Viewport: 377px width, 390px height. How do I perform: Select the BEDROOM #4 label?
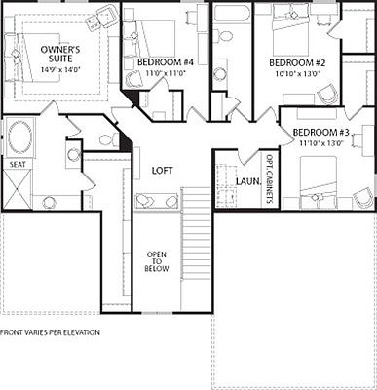tap(160, 62)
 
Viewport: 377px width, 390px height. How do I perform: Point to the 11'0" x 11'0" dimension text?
tap(160, 73)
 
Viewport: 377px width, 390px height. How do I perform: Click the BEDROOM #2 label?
tap(295, 62)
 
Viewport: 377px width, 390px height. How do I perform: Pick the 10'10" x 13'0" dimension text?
tap(295, 73)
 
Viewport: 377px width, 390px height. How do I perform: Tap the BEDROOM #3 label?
tap(321, 132)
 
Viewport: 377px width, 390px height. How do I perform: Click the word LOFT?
tap(162, 171)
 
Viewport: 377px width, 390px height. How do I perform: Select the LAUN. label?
tap(247, 181)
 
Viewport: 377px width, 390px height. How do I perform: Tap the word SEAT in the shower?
tap(18, 166)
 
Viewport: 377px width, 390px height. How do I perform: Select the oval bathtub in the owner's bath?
tap(19, 136)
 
